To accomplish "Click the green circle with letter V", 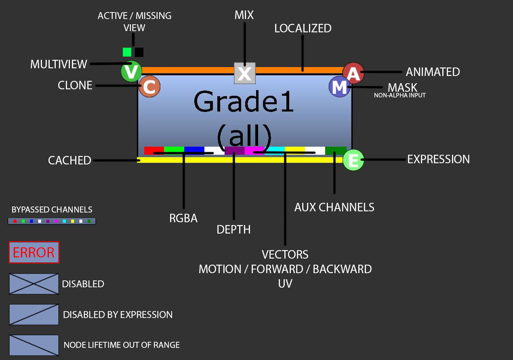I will point(131,72).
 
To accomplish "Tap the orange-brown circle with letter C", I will point(149,87).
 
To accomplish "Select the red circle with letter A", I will point(353,73).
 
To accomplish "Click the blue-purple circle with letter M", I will point(339,87).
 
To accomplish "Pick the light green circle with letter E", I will point(353,160).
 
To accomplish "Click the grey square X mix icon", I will point(245,73).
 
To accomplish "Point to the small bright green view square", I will point(127,52).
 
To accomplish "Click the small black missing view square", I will point(139,52).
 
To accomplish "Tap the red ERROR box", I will point(34,253).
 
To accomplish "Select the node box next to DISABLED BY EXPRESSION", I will point(34,314).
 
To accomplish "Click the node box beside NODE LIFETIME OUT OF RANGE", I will point(34,345).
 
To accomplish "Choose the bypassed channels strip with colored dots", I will point(52,221).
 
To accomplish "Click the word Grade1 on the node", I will point(244,102).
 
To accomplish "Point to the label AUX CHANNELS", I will point(334,207).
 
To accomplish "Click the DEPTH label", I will point(233,229).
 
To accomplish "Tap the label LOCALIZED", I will point(303,28).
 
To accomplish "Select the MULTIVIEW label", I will point(59,64).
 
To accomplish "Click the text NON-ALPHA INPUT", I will point(399,95).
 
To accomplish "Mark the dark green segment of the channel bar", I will point(336,150).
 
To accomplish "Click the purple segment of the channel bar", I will point(235,150).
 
